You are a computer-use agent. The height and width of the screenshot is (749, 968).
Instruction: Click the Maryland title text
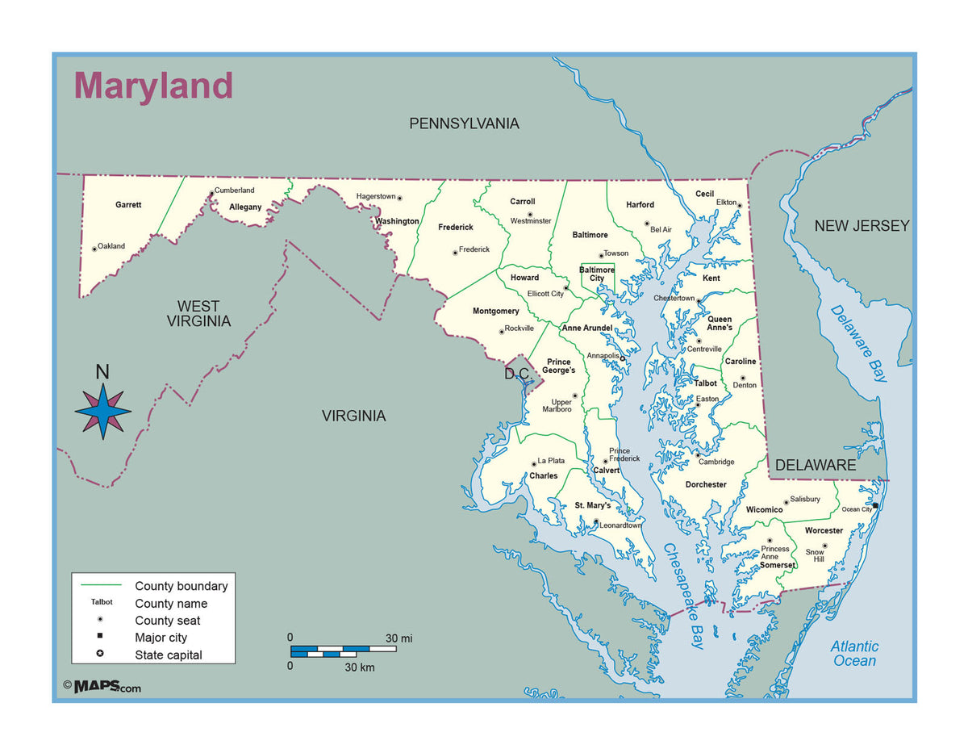pos(153,86)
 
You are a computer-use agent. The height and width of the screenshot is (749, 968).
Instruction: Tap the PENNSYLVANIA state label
pos(464,123)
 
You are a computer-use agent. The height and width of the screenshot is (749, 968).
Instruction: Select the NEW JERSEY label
pos(862,226)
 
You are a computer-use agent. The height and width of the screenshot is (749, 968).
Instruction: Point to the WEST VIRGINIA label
pos(198,313)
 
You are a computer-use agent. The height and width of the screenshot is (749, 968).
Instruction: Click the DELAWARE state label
pos(815,465)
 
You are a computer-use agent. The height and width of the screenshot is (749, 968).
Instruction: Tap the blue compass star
pos(103,412)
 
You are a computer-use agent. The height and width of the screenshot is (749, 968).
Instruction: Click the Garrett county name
pos(128,205)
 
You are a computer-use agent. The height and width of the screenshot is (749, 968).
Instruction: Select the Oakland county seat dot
pos(94,249)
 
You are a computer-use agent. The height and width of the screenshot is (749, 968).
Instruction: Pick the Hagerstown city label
pos(376,196)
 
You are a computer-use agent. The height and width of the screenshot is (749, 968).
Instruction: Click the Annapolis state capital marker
pos(622,359)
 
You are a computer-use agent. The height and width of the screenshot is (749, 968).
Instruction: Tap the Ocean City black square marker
pos(876,506)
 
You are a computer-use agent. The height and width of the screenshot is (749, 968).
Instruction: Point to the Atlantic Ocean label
pos(854,654)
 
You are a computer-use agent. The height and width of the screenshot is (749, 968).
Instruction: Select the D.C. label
pos(517,374)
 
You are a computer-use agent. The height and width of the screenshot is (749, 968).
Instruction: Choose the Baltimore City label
pos(597,274)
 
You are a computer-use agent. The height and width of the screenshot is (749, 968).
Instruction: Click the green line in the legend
pos(101,585)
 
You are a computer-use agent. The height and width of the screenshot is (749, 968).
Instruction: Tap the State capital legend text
pos(169,655)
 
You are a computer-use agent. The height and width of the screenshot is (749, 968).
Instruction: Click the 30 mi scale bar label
pos(398,638)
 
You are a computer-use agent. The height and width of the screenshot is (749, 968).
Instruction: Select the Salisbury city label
pos(805,499)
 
